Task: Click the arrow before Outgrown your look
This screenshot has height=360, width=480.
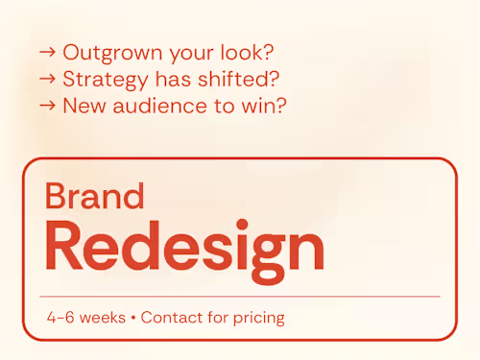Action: pyautogui.click(x=47, y=52)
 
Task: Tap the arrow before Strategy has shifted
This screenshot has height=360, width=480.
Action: pyautogui.click(x=47, y=79)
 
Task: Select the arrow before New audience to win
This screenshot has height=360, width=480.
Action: pyautogui.click(x=47, y=106)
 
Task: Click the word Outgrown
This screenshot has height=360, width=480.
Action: pyautogui.click(x=112, y=53)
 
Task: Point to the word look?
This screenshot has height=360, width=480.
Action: pyautogui.click(x=247, y=52)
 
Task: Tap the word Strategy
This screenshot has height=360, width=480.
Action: pyautogui.click(x=106, y=80)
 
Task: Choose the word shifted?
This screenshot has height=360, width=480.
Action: pyautogui.click(x=238, y=79)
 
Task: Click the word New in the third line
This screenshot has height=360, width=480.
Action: pyautogui.click(x=84, y=106)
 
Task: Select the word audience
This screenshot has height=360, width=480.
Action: pyautogui.click(x=159, y=106)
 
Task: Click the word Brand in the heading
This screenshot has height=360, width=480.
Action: pyautogui.click(x=95, y=196)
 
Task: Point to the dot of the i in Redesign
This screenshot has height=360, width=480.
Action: pyautogui.click(x=243, y=224)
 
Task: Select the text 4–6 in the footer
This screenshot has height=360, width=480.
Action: pyautogui.click(x=60, y=318)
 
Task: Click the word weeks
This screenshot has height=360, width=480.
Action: pyautogui.click(x=103, y=318)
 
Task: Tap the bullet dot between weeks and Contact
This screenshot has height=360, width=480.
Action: pyautogui.click(x=133, y=318)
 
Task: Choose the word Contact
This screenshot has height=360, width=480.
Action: pyautogui.click(x=172, y=317)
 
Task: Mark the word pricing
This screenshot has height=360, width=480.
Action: pyautogui.click(x=259, y=319)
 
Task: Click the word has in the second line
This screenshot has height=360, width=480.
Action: pyautogui.click(x=173, y=79)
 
